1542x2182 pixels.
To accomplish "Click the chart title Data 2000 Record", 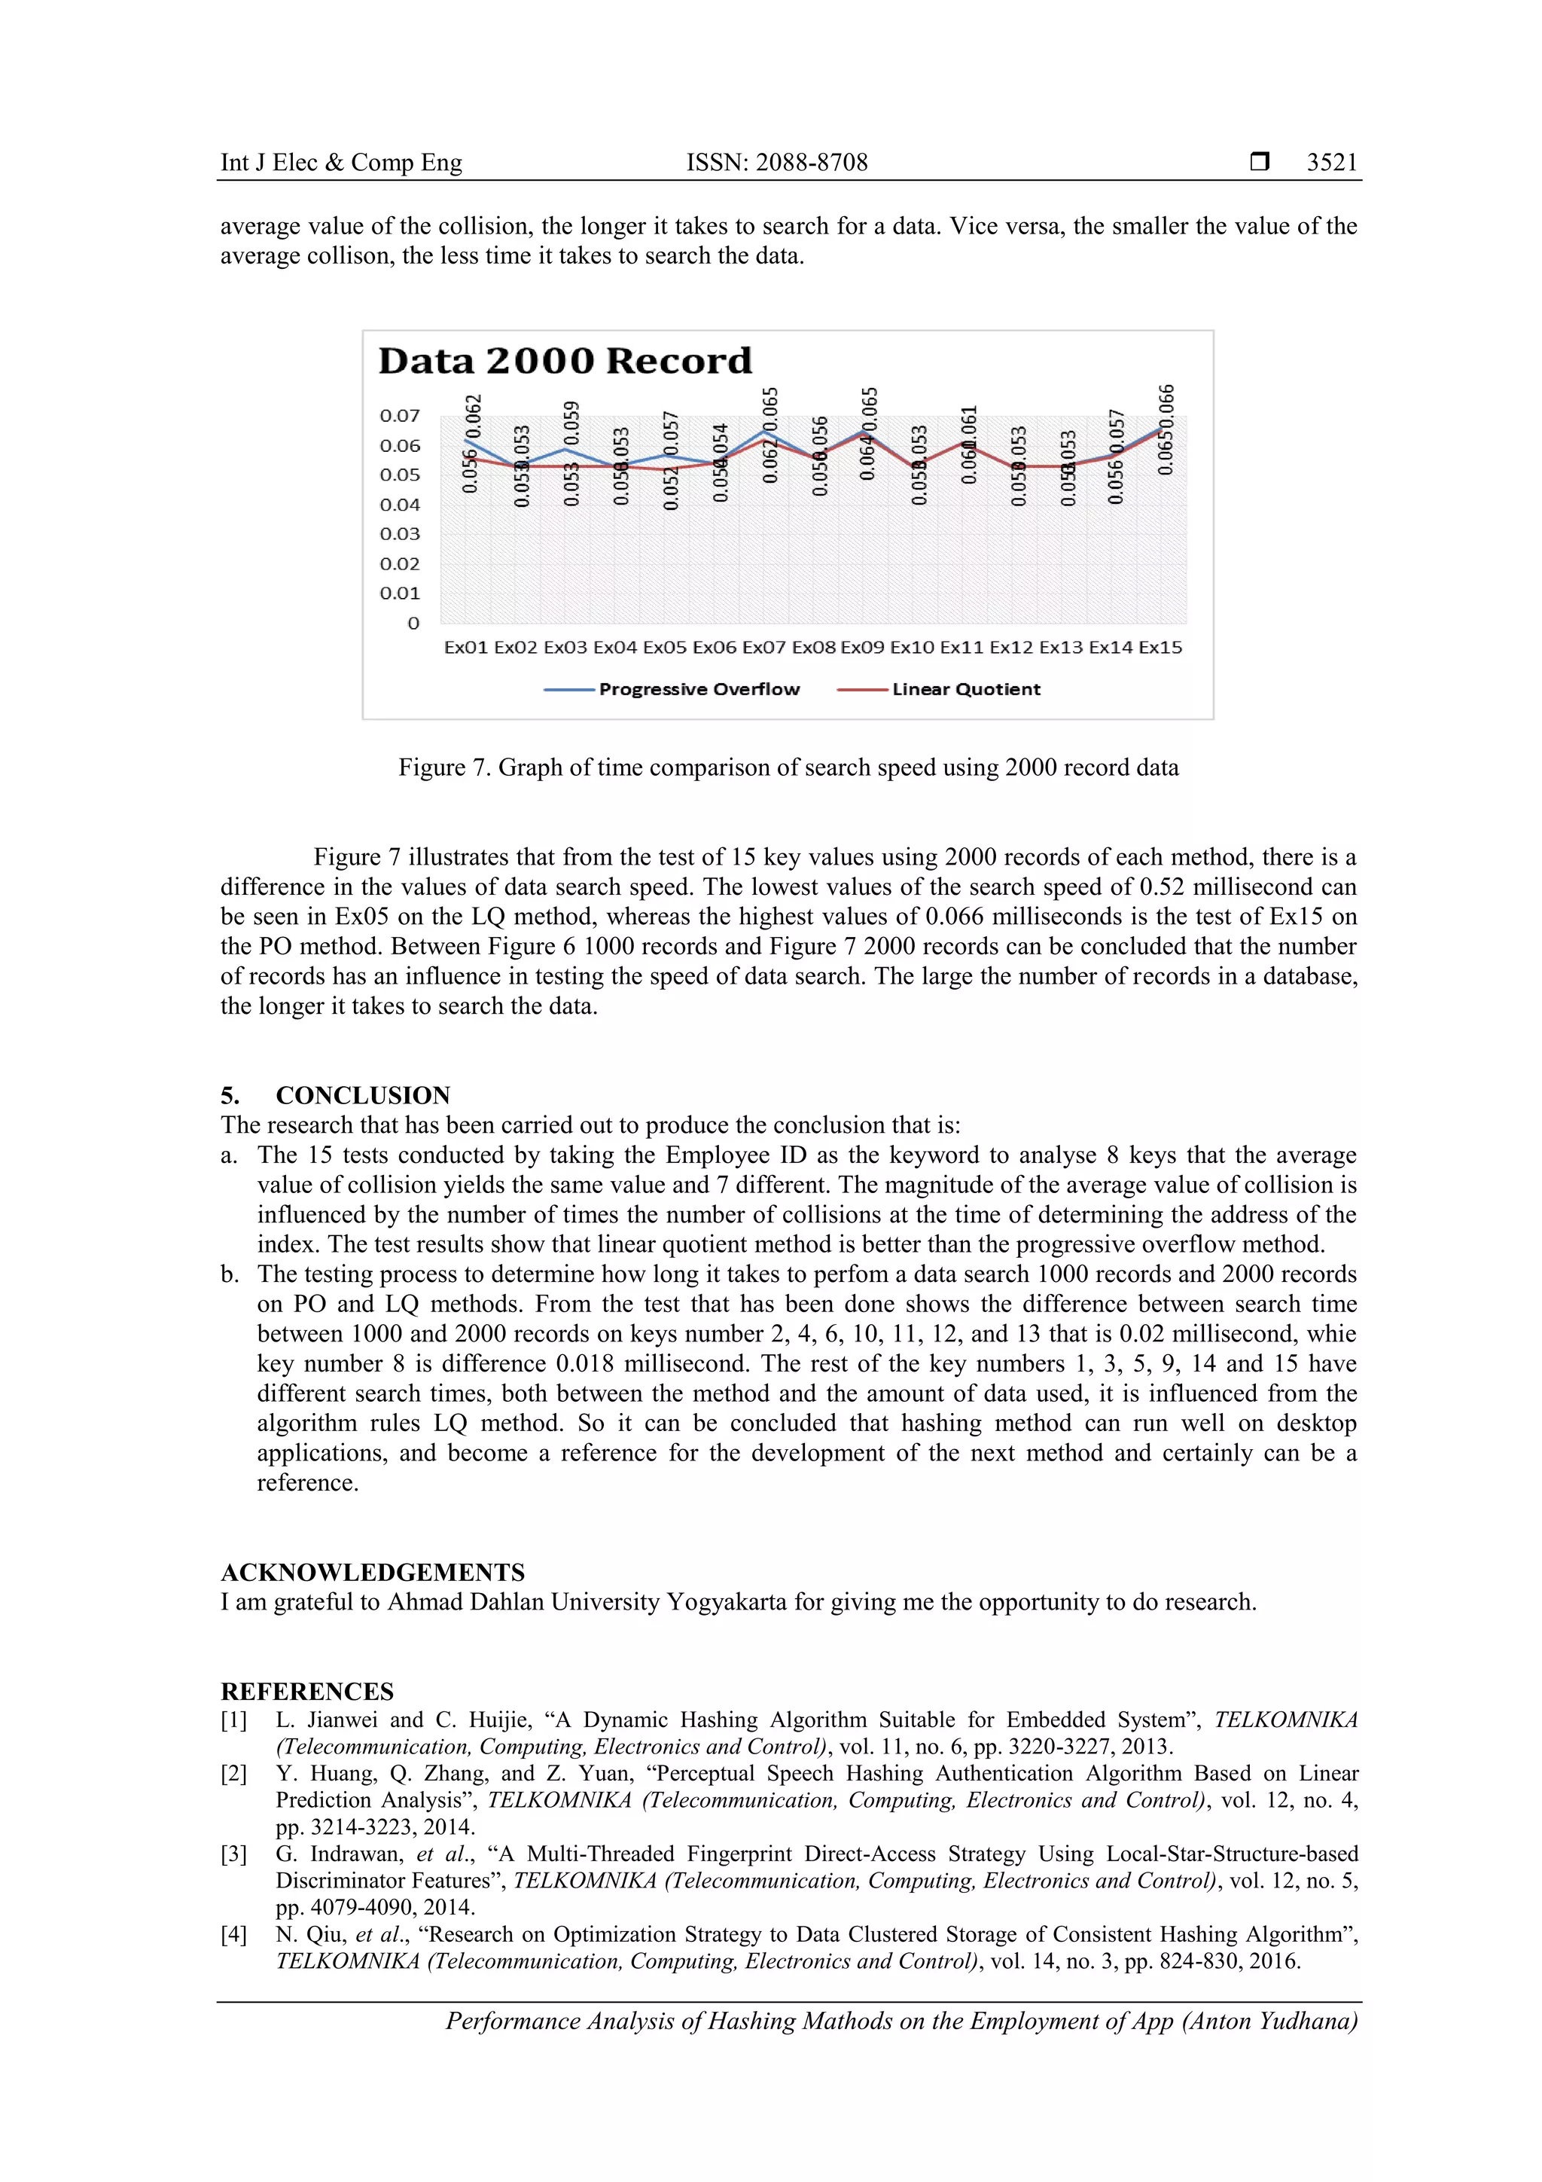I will (565, 361).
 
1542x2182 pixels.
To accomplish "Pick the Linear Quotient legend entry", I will (965, 689).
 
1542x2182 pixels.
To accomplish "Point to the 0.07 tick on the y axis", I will (399, 415).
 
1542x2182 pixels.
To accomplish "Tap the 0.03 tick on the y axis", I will (399, 534).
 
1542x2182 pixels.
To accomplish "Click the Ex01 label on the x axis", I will (465, 647).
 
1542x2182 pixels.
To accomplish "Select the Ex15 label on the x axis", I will (1160, 647).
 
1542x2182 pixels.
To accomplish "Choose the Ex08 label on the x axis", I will (813, 647).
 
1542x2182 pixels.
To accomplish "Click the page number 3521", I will (1331, 163).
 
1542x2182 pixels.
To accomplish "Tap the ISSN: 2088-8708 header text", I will (777, 163).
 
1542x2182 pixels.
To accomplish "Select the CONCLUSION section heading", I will (363, 1095).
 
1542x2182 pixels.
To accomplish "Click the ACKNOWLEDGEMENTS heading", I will (373, 1572).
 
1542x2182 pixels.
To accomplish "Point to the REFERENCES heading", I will (307, 1691).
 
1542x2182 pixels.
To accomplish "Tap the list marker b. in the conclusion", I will (230, 1274).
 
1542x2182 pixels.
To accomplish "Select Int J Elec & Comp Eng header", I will (341, 163).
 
